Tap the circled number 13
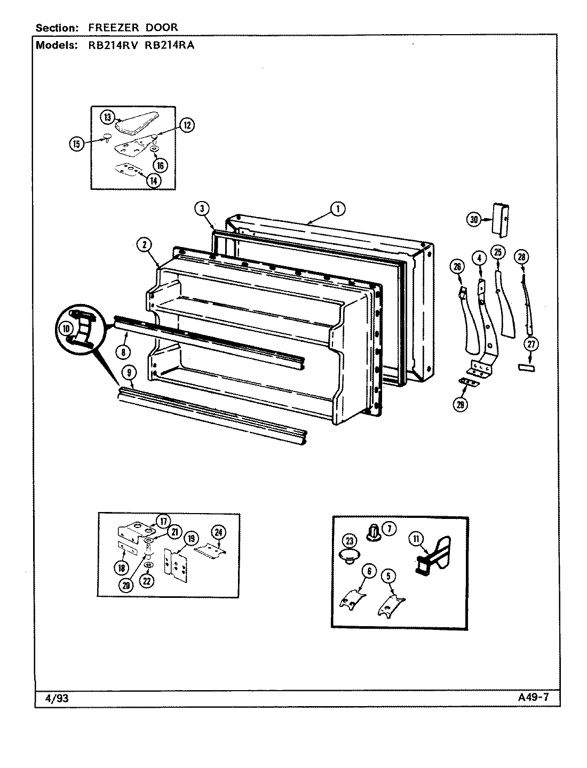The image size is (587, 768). coord(107,117)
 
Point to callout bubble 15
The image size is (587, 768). coord(77,143)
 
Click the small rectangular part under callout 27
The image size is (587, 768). coord(526,369)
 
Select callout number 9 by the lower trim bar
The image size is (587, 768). coord(124,352)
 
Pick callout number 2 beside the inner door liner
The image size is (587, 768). coord(143,245)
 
